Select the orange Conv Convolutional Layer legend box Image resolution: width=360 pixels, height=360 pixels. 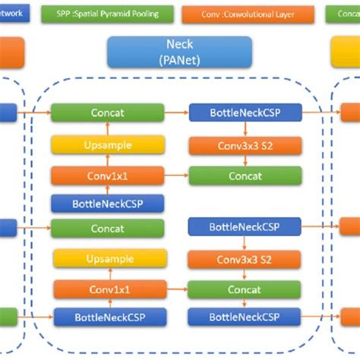248,13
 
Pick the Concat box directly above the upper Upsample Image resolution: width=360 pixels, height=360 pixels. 107,113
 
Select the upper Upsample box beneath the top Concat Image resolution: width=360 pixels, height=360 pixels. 107,144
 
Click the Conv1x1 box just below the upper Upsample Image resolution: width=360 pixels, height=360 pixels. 107,175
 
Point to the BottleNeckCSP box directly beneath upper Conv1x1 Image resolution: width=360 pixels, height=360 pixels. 107,203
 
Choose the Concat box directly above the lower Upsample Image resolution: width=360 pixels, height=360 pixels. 107,227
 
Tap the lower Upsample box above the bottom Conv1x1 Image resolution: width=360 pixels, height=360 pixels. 107,258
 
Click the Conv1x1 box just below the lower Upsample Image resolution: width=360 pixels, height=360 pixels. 107,289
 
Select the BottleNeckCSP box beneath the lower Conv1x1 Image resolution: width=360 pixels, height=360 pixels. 107,317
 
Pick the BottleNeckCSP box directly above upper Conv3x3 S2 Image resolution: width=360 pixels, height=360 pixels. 245,113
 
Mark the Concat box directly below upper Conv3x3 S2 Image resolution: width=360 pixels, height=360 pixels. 245,175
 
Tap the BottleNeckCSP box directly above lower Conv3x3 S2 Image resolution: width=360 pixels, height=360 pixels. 245,226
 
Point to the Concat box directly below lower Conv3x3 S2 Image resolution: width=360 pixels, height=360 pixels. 245,289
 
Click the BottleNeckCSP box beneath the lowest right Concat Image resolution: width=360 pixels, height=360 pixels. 245,317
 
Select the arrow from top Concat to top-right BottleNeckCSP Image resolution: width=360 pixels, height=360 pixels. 175,113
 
